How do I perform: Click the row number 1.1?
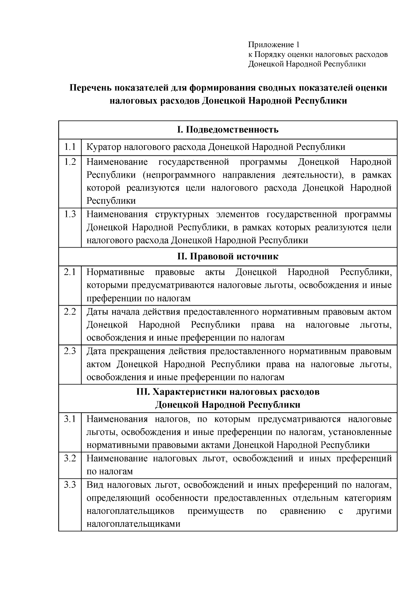(x=70, y=147)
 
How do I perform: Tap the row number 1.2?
(x=70, y=162)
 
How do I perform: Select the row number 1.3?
(x=70, y=214)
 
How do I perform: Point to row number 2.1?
(x=70, y=272)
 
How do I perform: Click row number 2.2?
(x=70, y=312)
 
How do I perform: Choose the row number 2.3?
(x=70, y=351)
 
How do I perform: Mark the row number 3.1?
(x=70, y=419)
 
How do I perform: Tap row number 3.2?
(x=70, y=458)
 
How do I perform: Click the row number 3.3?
(x=70, y=485)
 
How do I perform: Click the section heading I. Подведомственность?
(x=228, y=130)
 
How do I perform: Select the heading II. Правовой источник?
(x=228, y=257)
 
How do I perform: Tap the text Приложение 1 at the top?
(x=273, y=45)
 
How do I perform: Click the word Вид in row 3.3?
(x=95, y=485)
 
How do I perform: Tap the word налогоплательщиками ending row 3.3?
(x=133, y=524)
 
